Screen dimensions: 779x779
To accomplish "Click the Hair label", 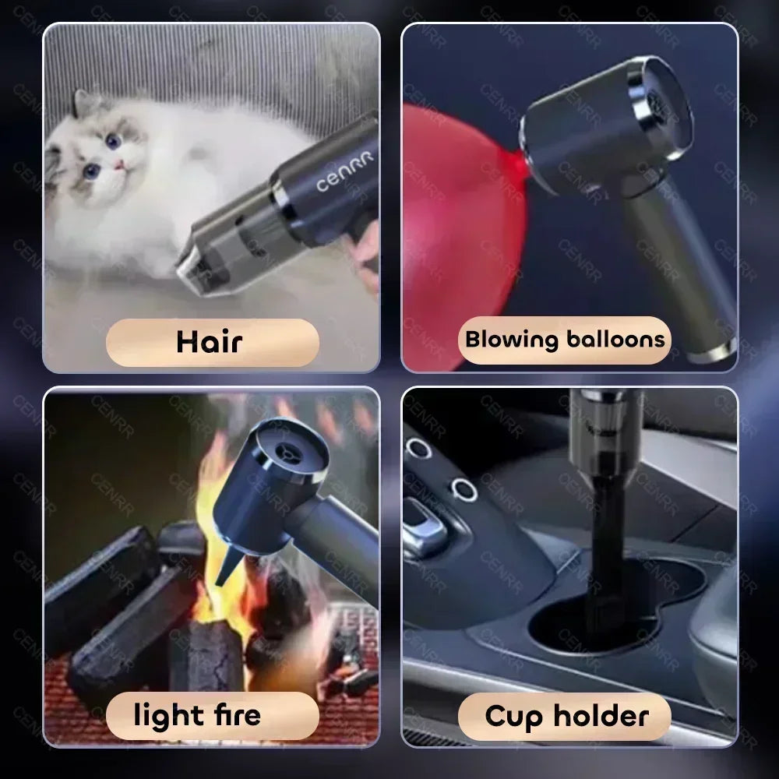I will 212,342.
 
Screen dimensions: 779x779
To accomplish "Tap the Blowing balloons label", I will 565,340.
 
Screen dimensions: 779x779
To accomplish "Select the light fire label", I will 196,715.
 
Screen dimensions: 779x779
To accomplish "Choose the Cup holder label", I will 566,715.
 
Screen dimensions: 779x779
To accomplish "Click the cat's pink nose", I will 120,164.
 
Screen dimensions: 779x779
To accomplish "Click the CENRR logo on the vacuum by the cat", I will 344,171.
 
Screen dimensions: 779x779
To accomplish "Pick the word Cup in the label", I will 514,715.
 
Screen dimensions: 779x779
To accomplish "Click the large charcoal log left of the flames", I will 101,576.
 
